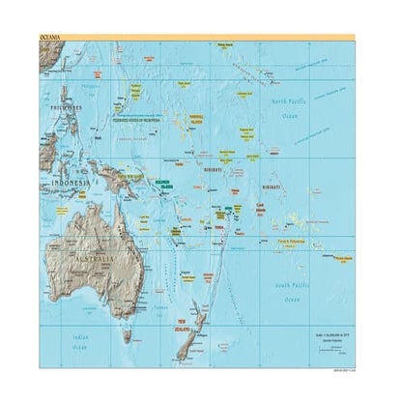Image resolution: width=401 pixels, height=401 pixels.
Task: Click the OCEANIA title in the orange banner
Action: point(51,37)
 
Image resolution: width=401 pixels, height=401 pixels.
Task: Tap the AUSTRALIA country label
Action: point(99,261)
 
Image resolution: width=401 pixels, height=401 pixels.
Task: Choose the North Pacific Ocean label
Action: point(291,107)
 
